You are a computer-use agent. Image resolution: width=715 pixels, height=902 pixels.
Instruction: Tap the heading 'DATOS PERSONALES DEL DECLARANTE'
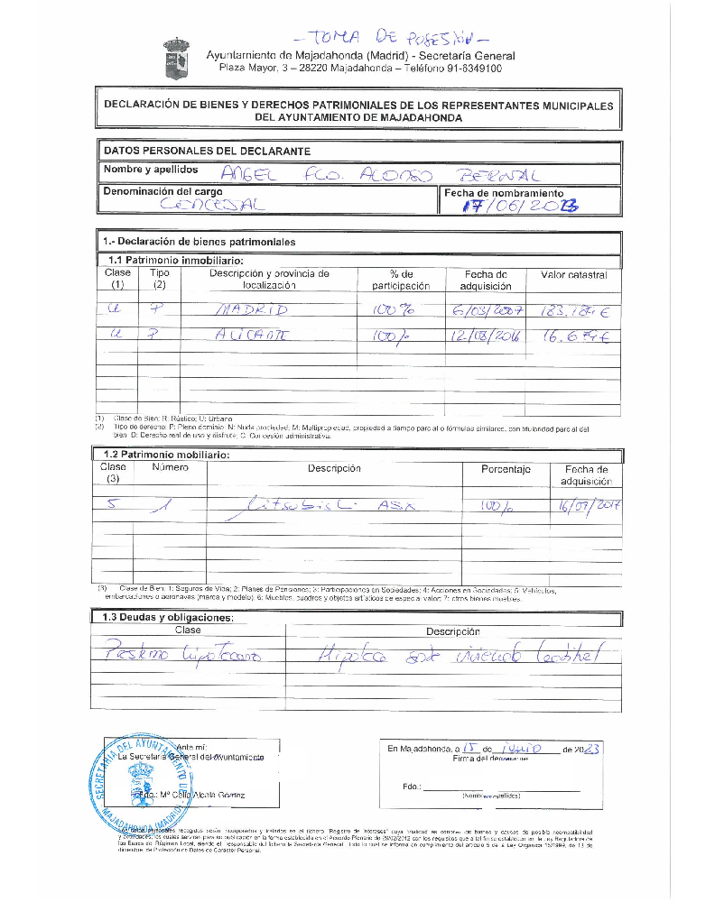pyautogui.click(x=207, y=151)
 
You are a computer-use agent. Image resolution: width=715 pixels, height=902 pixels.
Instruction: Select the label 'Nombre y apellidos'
pyautogui.click(x=150, y=170)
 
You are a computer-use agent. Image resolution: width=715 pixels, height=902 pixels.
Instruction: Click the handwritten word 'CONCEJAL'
pyautogui.click(x=209, y=206)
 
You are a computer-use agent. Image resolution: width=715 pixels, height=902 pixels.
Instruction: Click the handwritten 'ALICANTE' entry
pyautogui.click(x=251, y=337)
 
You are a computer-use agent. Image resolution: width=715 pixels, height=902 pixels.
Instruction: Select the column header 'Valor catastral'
pyautogui.click(x=573, y=274)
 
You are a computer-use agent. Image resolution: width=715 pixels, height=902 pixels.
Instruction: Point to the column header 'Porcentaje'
pyautogui.click(x=506, y=469)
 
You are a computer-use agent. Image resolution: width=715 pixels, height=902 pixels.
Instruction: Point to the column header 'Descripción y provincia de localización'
pyautogui.click(x=269, y=280)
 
